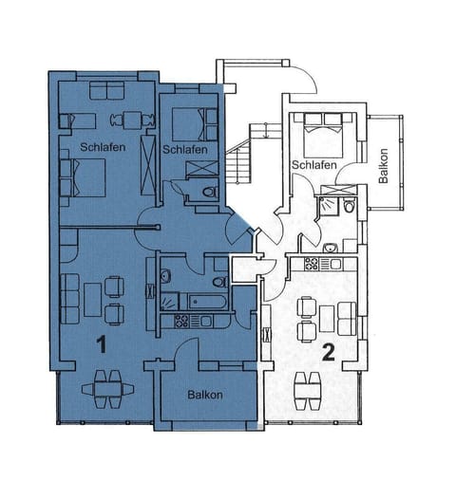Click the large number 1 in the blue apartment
click(101, 344)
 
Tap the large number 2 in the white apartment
click(328, 353)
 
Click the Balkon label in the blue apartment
click(204, 395)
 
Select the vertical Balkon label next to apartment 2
click(384, 168)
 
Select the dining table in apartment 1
click(104, 388)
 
